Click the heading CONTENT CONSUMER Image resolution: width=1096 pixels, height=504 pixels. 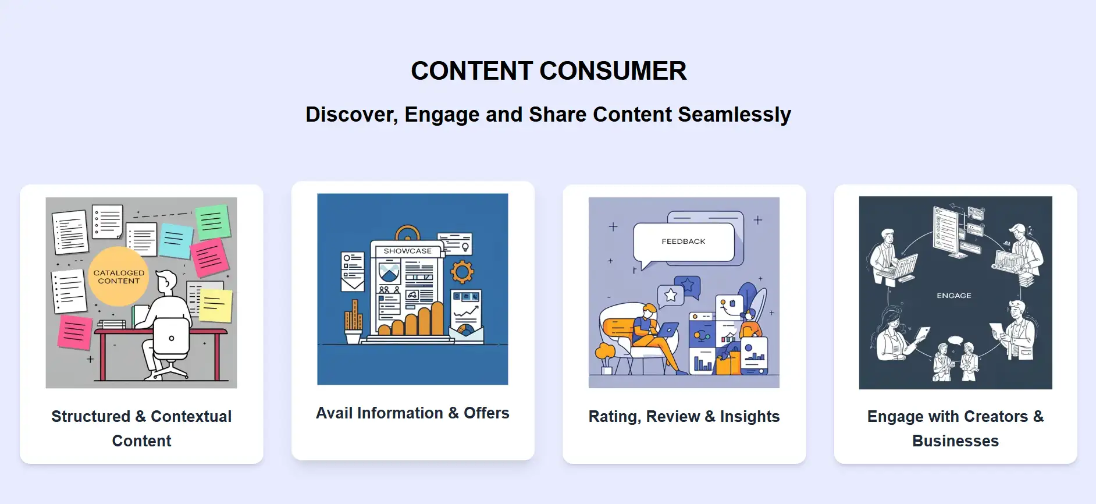click(x=549, y=71)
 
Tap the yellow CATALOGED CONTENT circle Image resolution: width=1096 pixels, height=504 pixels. click(x=119, y=276)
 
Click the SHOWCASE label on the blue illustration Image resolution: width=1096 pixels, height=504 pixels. click(x=407, y=251)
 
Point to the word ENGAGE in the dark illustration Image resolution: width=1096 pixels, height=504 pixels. click(x=953, y=296)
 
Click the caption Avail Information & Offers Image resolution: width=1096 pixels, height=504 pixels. click(x=412, y=413)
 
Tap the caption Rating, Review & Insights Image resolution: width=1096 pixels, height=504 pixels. click(x=684, y=417)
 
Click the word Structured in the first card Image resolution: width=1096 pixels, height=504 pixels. click(x=91, y=417)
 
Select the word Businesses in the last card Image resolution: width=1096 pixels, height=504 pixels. click(x=955, y=441)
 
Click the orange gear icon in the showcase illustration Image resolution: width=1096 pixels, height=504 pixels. click(x=462, y=271)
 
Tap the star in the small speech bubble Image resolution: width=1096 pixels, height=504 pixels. click(x=671, y=295)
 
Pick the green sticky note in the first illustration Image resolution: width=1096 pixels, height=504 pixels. click(x=212, y=222)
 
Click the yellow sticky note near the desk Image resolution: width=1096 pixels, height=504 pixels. click(x=215, y=306)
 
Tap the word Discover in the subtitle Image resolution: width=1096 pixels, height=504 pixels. click(x=352, y=115)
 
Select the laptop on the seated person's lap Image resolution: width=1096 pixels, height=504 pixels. click(x=667, y=330)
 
